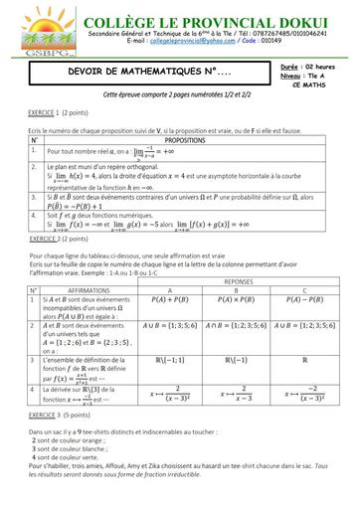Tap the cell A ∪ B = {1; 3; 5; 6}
pos(174,324)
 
